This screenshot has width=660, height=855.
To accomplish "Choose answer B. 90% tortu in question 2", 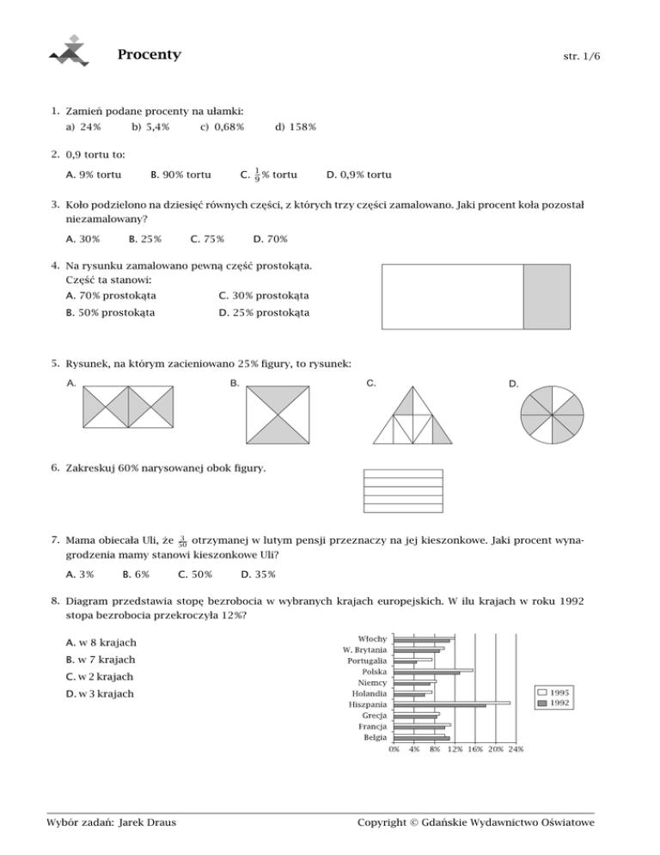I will pos(180,175).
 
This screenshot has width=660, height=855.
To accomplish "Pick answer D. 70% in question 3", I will pos(271,239).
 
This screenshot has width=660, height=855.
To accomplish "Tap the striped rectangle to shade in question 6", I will pos(403,489).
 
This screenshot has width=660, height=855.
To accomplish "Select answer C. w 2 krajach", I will pos(101,677).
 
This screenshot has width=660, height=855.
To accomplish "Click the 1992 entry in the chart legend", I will pos(559,703).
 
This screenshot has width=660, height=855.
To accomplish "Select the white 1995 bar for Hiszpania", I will pos(451,702).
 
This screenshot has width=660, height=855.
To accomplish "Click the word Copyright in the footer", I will pos(388,823).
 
